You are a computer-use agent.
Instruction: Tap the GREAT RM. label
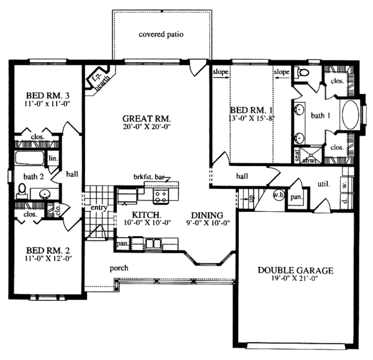pyautogui.click(x=146, y=118)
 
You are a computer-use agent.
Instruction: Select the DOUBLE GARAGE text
pyautogui.click(x=296, y=270)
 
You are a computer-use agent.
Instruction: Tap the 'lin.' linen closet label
pyautogui.click(x=53, y=160)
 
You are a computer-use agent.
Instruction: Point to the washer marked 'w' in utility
pyautogui.click(x=344, y=185)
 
